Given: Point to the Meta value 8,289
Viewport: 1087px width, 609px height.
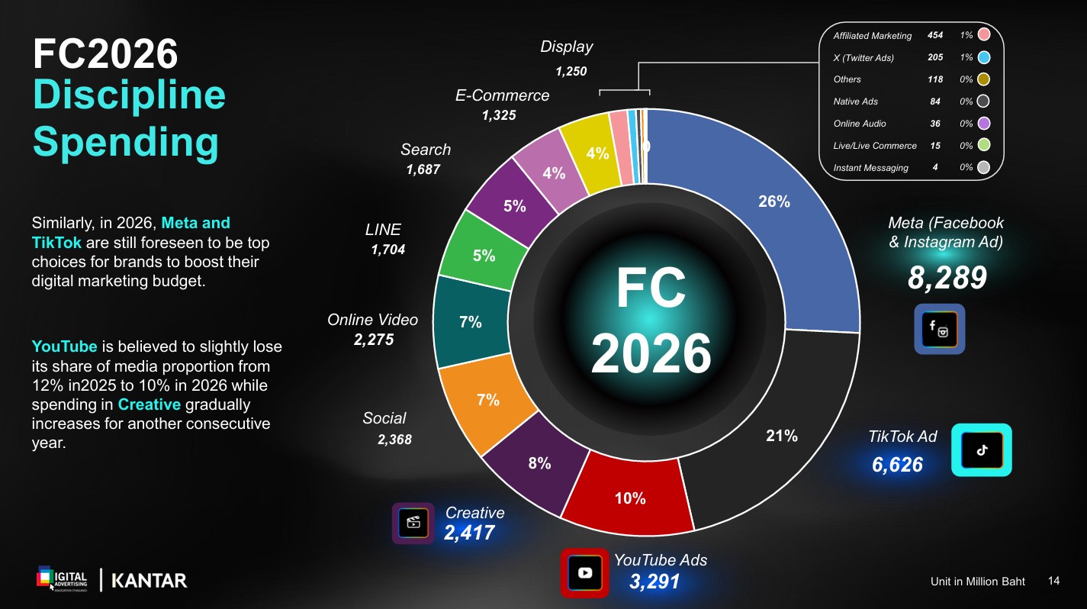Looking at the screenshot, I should [x=947, y=279].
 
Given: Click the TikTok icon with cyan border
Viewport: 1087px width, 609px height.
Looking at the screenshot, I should [x=981, y=450].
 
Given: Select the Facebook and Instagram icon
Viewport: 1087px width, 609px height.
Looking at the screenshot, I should [x=939, y=329].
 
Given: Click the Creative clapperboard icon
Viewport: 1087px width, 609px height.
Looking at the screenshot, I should [x=413, y=523].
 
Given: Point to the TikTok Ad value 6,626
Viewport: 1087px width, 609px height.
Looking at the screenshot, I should [x=897, y=464].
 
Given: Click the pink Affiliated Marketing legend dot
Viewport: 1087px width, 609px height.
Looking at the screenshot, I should [x=983, y=35].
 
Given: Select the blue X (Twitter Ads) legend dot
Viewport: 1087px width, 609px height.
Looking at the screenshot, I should [x=983, y=57].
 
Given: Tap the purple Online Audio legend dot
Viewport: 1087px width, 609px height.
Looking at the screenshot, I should [x=983, y=123].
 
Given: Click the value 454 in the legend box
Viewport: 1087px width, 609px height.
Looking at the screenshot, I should [x=935, y=35].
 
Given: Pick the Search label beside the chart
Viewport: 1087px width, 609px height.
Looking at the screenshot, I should [x=426, y=150].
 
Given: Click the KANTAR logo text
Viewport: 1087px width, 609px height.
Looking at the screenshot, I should [x=150, y=581].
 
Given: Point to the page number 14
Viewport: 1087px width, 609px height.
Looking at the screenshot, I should [x=1054, y=581].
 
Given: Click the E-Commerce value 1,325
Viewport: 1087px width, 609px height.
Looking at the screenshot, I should [x=499, y=115].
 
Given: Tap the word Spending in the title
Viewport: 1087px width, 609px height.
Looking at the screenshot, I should [x=126, y=142].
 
